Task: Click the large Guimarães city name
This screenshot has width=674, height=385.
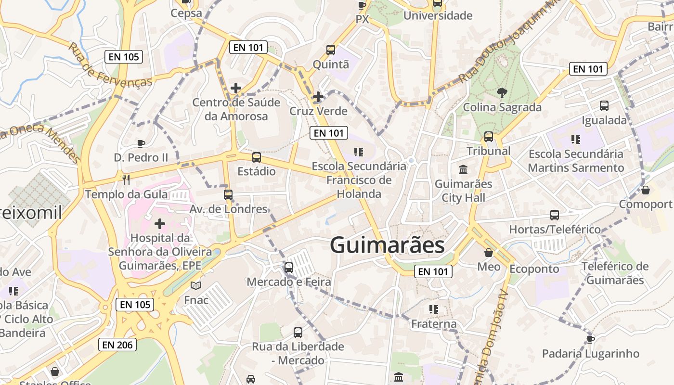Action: coord(387,245)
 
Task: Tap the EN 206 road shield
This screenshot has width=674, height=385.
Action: coord(117,345)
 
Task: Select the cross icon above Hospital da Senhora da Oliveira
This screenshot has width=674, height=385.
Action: coord(159,224)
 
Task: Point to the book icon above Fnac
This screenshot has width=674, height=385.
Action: coord(196,286)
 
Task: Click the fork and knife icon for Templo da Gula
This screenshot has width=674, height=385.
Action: coord(126,180)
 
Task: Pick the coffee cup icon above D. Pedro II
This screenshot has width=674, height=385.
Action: coord(141,143)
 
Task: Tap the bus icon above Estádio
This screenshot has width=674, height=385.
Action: coord(257,157)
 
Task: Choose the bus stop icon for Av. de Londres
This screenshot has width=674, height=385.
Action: coord(228,195)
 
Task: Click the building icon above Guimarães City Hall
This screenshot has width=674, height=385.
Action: coord(463,169)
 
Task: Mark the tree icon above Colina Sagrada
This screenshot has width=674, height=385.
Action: coord(502,92)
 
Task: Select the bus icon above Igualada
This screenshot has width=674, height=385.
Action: coord(604,106)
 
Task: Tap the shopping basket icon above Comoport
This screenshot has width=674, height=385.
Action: coord(646,190)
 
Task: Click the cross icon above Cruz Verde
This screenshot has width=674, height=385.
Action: coord(318,97)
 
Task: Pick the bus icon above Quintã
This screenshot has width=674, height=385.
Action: coord(331,50)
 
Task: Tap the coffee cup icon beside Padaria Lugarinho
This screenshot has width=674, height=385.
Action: coord(591,339)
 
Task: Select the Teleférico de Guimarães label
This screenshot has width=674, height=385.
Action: coord(615,273)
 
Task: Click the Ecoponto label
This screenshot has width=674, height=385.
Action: coord(534,269)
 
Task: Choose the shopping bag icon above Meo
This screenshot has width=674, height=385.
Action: coord(489,253)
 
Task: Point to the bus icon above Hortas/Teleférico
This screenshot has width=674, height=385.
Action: coord(555,215)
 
